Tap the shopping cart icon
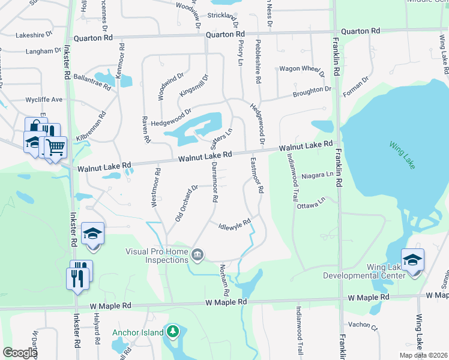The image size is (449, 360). pos(55,146)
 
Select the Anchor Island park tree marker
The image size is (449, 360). pos(172,332)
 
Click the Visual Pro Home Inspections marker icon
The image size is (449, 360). pos(196,256)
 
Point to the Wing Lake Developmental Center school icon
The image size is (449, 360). pos(413,260)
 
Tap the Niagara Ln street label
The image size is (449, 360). pos(318,175)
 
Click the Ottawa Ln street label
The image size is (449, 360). pos(312,202)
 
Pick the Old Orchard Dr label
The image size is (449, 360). pos(186,203)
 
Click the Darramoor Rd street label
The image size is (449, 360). pos(212,184)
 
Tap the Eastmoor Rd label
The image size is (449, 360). pos(256,175)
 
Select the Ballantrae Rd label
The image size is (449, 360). pos(92,82)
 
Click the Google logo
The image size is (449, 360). pos(20,353)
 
